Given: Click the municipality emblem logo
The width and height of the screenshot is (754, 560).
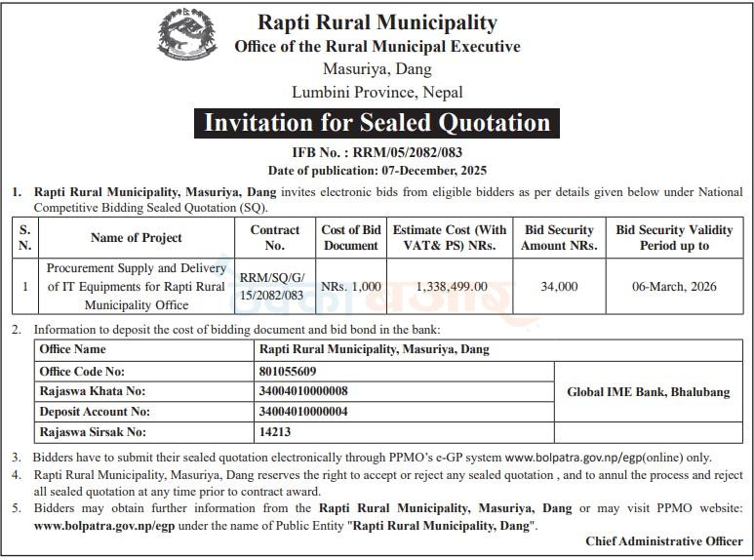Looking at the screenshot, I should point(188,36).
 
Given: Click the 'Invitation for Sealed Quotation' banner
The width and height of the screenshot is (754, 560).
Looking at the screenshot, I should point(377,123).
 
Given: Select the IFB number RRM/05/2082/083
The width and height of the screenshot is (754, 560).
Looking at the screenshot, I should point(377,152).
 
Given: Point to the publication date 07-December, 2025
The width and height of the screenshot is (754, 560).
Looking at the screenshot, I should point(377,170).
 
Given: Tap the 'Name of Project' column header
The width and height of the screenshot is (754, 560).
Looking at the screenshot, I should point(136,238).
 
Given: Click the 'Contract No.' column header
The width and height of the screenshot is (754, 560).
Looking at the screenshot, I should point(274,238).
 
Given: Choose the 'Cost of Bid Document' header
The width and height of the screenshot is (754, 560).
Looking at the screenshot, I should point(350,238).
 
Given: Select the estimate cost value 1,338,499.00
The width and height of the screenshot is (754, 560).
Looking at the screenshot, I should point(449,286).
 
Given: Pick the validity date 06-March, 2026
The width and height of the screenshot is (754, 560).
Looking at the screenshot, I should point(674,286).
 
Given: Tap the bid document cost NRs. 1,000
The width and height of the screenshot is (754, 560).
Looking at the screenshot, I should point(350,286).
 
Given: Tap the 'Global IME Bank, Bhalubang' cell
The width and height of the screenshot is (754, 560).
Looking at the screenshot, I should point(648,392).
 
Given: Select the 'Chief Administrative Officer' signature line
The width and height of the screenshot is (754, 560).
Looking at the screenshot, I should point(663,540).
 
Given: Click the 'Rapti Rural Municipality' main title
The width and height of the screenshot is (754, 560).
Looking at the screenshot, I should point(377,22).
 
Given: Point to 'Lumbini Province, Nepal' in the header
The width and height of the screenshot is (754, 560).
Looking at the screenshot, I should point(377,93).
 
